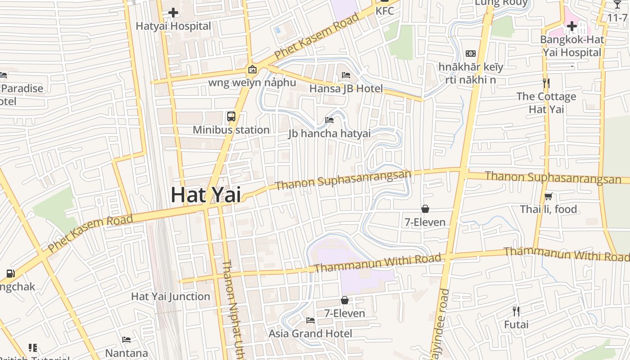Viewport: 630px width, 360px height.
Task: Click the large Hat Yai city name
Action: coord(206,195)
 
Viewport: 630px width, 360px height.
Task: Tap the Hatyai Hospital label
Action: coord(173,26)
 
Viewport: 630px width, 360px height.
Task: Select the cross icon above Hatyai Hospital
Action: coord(173,13)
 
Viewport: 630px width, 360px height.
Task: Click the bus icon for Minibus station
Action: coord(231,117)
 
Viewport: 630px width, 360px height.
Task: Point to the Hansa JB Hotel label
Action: coord(346,89)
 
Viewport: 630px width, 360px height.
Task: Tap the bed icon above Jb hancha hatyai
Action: coord(329,120)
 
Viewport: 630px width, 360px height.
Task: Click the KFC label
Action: coord(385,11)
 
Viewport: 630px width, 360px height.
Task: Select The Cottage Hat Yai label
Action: coord(546,103)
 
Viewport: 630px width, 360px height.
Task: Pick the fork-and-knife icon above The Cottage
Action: coord(546,83)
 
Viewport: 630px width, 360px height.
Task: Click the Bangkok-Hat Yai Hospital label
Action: coord(572,46)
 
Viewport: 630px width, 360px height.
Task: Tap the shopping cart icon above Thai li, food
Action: coord(549,196)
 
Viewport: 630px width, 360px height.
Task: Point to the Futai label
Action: coord(516,324)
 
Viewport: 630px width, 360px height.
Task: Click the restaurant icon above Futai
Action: coord(516,311)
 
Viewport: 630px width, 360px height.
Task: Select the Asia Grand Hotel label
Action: coord(310,333)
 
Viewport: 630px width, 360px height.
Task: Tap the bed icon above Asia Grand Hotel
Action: coord(310,320)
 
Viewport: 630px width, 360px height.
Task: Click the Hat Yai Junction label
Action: coord(171,297)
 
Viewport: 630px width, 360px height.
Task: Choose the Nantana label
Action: coord(127,353)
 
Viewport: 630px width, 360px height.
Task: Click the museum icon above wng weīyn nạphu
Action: coord(252,69)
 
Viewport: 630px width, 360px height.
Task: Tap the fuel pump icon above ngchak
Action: coord(10,273)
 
